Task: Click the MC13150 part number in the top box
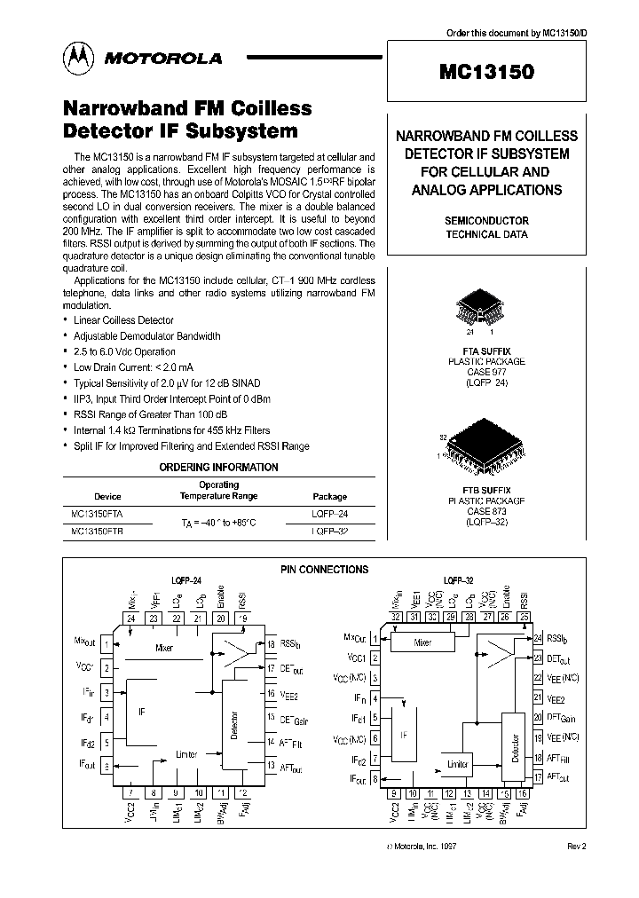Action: (x=487, y=74)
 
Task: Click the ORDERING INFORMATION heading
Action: (x=218, y=467)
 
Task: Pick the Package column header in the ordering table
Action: (x=330, y=497)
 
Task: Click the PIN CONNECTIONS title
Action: (x=324, y=570)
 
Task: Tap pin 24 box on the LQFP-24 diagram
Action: (x=132, y=618)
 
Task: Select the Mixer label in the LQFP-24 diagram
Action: (x=163, y=648)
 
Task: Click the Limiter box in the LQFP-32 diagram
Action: (x=458, y=764)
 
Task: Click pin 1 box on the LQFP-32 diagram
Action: (x=375, y=638)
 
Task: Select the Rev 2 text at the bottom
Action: (x=577, y=847)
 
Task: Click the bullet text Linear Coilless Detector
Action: (x=123, y=320)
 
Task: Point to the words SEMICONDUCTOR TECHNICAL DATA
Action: (x=486, y=227)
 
